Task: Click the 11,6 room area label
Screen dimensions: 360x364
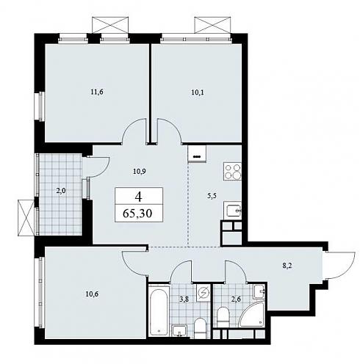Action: pos(97,92)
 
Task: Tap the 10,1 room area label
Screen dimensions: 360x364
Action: pos(198,92)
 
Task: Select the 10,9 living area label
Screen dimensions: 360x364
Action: pos(140,172)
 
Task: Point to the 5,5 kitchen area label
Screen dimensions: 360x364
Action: pos(212,196)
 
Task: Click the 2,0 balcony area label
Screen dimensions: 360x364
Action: pos(61,191)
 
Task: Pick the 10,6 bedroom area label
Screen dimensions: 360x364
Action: pos(92,294)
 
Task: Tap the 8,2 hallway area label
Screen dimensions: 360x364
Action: pos(287,266)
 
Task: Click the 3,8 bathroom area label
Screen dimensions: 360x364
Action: pos(184,299)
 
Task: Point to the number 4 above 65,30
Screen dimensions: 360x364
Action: pos(139,197)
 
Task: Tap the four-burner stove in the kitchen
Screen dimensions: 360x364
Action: pos(232,172)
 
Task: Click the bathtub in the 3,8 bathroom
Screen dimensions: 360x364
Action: pos(159,310)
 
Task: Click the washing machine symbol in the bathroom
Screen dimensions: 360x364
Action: pos(204,293)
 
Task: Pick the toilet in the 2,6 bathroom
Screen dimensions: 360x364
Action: pos(223,316)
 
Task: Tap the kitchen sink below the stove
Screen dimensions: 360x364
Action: pos(232,211)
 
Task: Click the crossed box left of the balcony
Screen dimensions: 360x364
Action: pos(26,218)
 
